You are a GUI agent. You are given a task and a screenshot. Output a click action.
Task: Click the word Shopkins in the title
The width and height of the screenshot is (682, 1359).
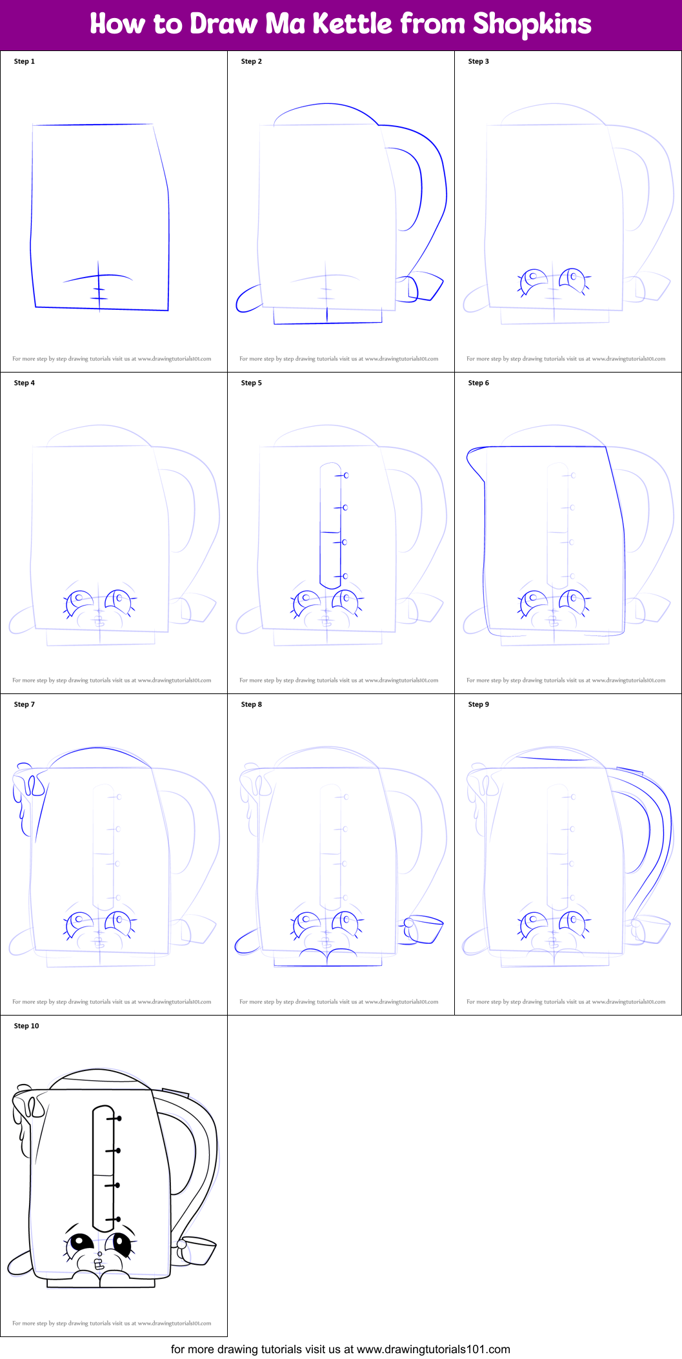[532, 24]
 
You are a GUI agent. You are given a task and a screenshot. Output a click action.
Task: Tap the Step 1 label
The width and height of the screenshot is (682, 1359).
[25, 61]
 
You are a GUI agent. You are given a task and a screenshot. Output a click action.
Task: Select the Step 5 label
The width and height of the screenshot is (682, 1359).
[251, 383]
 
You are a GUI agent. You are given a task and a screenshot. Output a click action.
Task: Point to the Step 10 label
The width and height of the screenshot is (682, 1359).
[26, 1026]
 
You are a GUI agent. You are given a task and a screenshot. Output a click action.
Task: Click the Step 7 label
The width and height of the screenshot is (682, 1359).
[25, 704]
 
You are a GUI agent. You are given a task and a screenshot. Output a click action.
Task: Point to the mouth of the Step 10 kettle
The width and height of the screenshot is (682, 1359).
[99, 1265]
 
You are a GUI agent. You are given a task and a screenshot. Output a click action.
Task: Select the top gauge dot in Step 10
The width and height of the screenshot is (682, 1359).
[119, 1118]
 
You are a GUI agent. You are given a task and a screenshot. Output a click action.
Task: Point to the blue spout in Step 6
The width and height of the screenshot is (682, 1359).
[475, 462]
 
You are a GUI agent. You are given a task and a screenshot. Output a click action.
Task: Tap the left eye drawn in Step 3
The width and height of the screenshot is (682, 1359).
[533, 280]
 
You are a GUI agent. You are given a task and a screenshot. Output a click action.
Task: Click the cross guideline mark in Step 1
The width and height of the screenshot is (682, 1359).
[99, 284]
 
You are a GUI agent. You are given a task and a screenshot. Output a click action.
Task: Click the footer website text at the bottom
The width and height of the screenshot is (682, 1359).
[340, 1349]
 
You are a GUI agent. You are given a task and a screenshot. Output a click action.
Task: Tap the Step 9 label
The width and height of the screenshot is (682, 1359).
[478, 704]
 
